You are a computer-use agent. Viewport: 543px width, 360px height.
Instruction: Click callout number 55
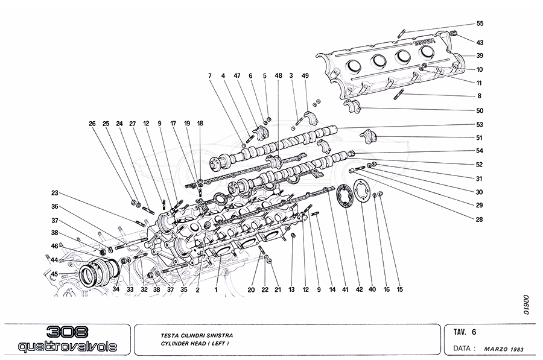[x=480, y=24]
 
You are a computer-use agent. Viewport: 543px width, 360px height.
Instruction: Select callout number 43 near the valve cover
[x=480, y=43]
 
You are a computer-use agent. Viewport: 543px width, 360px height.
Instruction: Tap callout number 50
[x=480, y=111]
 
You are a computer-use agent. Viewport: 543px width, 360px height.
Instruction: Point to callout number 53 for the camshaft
[x=480, y=125]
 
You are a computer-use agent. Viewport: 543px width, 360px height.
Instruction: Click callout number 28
[x=479, y=219]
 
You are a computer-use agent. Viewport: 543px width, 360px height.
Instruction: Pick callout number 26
[x=92, y=124]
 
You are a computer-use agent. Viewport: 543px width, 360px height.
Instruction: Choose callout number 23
[x=55, y=193]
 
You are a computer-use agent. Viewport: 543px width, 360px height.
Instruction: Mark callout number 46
[x=54, y=246]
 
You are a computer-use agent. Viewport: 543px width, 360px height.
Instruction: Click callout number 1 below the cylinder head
[x=216, y=289]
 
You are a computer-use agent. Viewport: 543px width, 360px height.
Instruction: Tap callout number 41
[x=345, y=289]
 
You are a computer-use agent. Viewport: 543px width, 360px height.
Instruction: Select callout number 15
[x=400, y=289]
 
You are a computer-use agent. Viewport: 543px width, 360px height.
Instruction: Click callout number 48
[x=278, y=75]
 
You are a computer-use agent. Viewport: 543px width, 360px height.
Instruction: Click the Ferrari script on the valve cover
[x=425, y=42]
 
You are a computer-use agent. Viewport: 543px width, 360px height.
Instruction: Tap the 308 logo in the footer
[x=67, y=332]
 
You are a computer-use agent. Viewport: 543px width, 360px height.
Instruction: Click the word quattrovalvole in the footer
[x=68, y=347]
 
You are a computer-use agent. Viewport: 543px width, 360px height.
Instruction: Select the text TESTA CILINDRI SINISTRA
[x=197, y=335]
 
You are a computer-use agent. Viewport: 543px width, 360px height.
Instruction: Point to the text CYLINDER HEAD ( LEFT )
[x=195, y=344]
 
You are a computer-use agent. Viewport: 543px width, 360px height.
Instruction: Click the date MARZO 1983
[x=504, y=349]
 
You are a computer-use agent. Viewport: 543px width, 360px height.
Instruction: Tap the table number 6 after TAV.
[x=474, y=332]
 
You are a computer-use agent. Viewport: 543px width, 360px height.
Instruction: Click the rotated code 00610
[x=526, y=305]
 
